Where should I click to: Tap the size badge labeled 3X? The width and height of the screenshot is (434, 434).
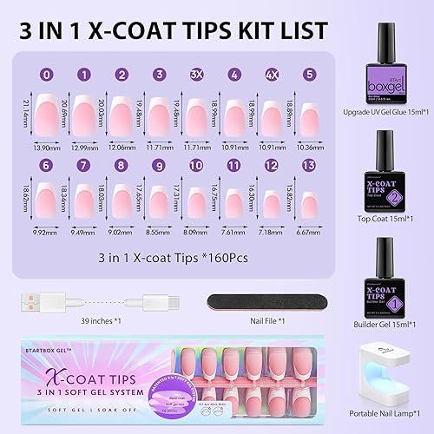(196, 75)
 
